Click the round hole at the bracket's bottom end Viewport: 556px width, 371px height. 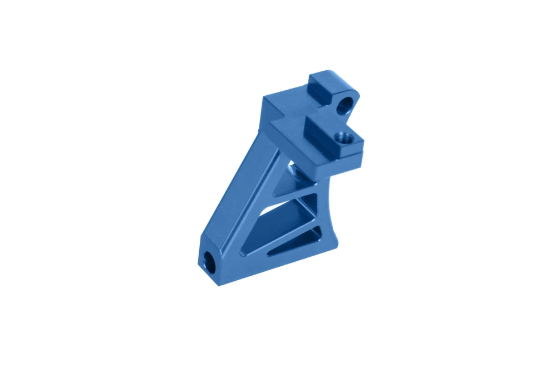210,262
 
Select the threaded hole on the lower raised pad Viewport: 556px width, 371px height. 341,137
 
